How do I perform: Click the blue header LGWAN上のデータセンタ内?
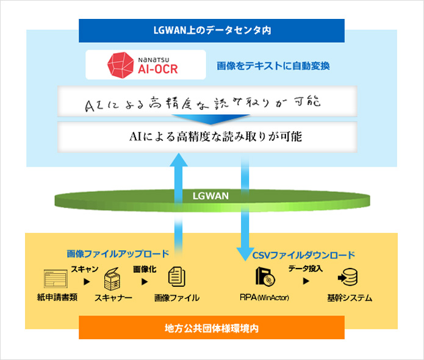(x=212, y=29)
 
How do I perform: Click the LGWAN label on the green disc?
(x=211, y=196)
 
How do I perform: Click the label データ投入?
(x=305, y=268)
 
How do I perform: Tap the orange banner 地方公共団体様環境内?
(x=212, y=329)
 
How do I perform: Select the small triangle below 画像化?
(x=145, y=281)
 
